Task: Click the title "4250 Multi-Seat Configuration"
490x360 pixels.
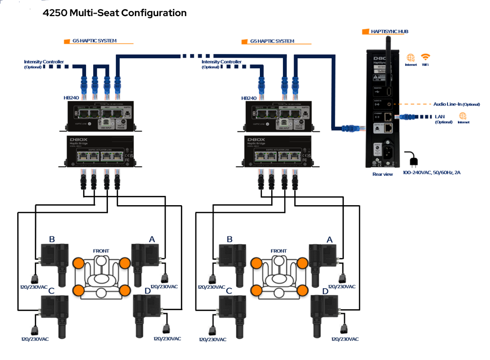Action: (x=115, y=13)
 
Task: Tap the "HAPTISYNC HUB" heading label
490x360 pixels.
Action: (x=389, y=32)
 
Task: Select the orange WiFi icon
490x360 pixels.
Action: (x=426, y=57)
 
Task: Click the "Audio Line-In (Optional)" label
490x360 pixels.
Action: (x=457, y=104)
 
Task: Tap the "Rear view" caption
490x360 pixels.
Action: (x=382, y=174)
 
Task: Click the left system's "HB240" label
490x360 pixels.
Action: (x=71, y=98)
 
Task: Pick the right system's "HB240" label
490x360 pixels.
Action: (x=249, y=98)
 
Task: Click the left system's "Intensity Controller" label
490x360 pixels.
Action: (x=43, y=62)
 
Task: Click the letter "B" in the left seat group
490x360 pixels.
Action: (x=52, y=239)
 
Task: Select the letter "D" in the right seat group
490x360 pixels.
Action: (x=325, y=291)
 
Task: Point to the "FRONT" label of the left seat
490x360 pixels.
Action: (x=101, y=251)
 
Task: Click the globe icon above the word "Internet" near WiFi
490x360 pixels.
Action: (x=410, y=57)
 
